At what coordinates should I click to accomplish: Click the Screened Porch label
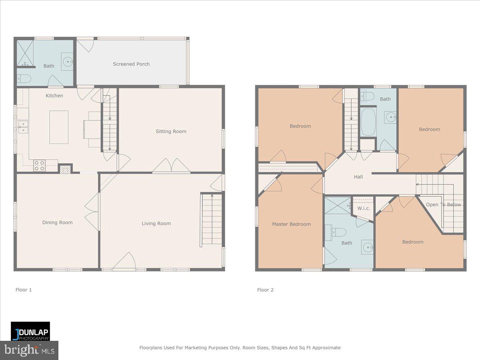point(131,64)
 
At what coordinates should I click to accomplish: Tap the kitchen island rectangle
point(59,127)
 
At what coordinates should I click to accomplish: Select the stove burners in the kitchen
point(39,166)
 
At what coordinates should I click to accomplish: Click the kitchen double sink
point(23,127)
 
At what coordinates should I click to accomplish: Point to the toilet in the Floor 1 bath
point(24,78)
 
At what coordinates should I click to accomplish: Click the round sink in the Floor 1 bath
point(67,62)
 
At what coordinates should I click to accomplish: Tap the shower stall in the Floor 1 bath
point(24,54)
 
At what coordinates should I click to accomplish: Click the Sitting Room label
point(171,131)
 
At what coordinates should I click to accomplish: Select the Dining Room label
point(58,222)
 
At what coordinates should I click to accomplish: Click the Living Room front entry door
point(124,261)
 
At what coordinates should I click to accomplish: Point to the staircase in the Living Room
point(211,220)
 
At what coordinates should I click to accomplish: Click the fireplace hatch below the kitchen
point(64,169)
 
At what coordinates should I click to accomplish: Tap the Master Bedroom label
point(291,224)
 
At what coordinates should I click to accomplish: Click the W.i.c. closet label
point(363,208)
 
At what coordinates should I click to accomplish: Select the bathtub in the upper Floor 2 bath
point(368,122)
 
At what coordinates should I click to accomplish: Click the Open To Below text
point(443,204)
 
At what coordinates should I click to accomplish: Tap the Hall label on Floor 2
point(358,176)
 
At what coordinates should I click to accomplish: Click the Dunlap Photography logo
point(30,331)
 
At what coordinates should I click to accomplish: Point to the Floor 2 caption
point(265,290)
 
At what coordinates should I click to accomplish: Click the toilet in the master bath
point(338,232)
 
